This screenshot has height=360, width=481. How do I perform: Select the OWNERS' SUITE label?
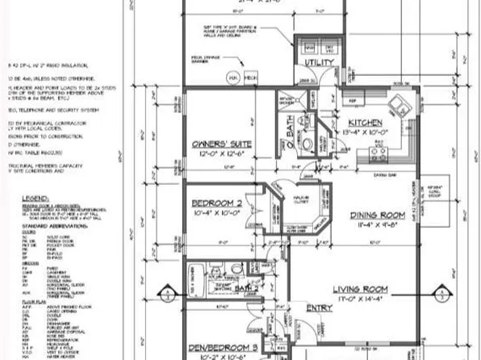coord(220,145)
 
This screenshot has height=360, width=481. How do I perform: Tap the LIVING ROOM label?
coord(372,289)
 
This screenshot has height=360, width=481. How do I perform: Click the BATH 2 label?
coord(247,287)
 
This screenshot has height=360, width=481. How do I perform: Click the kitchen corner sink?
coord(399,107)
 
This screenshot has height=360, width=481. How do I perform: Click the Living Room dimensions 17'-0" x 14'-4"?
coord(371,299)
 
